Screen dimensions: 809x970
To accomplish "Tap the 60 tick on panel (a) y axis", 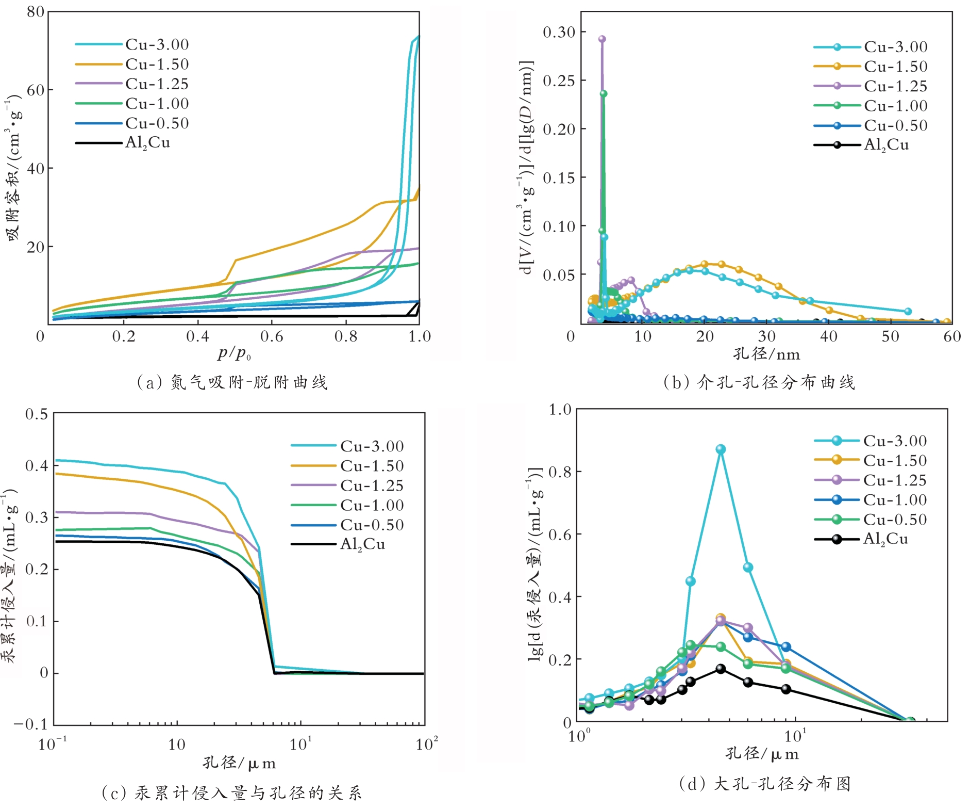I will pos(35,90).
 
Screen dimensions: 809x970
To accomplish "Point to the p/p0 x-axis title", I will pos(234,353).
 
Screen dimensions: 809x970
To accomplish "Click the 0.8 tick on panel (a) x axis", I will pos(345,336).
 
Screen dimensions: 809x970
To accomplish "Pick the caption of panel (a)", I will pos(232,382).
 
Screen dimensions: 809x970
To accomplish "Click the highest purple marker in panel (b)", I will pos(602,39).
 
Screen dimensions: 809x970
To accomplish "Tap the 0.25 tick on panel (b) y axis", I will pos(559,80).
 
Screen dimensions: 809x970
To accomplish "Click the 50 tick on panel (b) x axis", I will pos(890,336).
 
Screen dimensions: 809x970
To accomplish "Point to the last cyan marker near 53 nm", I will pos(908,311).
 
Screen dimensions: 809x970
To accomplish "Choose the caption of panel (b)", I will pos(759,382).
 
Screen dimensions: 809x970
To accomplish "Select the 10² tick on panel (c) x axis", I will pos(426,744).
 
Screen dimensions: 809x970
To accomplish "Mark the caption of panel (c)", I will pos(232,793).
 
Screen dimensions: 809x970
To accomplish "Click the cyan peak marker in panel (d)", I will pos(721,449).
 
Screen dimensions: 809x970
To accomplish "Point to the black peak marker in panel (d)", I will pos(721,669).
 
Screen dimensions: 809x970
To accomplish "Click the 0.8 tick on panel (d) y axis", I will pos(560,472).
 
